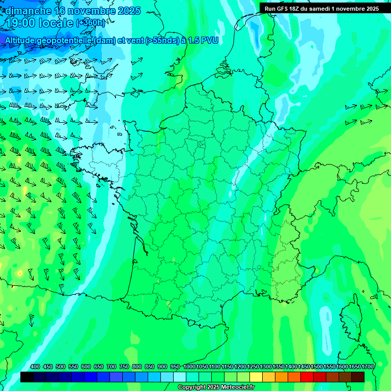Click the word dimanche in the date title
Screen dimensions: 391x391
click(x=29, y=11)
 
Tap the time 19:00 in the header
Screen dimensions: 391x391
click(x=23, y=23)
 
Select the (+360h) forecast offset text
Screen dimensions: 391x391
click(x=91, y=23)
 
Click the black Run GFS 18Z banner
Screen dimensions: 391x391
click(x=321, y=8)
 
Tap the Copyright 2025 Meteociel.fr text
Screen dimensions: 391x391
click(x=216, y=387)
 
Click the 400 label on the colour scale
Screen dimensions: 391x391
click(x=35, y=367)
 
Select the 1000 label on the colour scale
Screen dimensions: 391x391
click(x=189, y=367)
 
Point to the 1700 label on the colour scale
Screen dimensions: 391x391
click(x=368, y=367)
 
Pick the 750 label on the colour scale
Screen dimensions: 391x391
click(x=124, y=367)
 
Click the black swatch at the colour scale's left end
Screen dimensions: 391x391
click(x=27, y=377)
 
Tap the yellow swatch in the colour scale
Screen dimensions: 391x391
click(x=256, y=377)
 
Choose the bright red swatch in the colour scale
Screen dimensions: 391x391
click(x=307, y=377)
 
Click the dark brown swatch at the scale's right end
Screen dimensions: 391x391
click(x=358, y=377)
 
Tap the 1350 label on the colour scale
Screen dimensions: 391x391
click(x=278, y=367)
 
